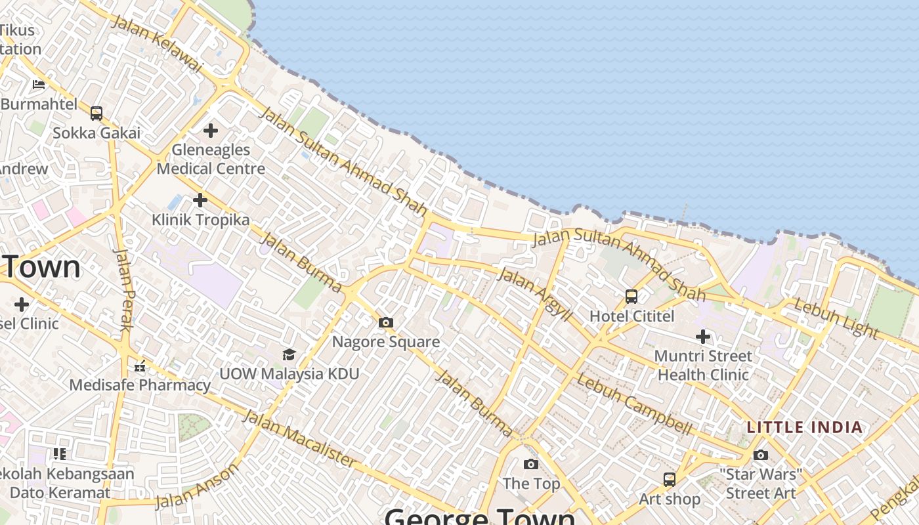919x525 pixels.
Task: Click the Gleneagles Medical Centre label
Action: (211, 159)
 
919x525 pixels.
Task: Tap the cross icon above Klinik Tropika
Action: (200, 199)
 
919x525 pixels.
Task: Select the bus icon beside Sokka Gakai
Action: (96, 114)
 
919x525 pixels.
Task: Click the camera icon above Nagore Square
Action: (386, 322)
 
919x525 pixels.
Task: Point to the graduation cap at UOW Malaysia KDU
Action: (289, 355)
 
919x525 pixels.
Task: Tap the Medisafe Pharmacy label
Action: (140, 385)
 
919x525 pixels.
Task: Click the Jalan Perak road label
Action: (123, 289)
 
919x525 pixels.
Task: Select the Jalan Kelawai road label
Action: (158, 43)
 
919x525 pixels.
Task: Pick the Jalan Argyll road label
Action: (534, 293)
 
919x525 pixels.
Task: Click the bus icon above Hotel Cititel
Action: (631, 297)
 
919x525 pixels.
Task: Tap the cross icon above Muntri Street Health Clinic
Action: (703, 337)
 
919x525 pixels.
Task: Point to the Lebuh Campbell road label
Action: (634, 404)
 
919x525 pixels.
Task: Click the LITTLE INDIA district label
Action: (805, 427)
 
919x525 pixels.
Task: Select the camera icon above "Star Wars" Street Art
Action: (761, 455)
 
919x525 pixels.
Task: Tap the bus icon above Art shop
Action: (669, 480)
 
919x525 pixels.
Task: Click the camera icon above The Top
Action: (531, 465)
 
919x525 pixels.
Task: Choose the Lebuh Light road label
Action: (836, 318)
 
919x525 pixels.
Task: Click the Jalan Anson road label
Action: (197, 486)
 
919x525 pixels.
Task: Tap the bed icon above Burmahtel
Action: (39, 84)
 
